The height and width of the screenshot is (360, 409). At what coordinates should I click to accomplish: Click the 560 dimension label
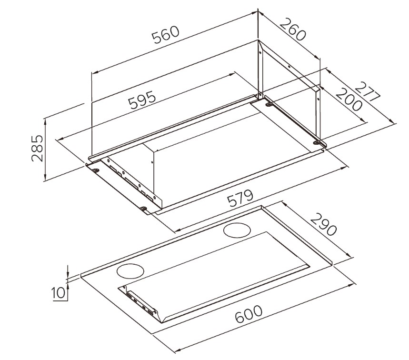click(x=166, y=35)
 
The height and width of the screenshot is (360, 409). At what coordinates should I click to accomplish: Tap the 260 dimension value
click(x=293, y=29)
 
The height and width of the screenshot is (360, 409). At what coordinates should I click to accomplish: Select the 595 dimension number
click(x=142, y=100)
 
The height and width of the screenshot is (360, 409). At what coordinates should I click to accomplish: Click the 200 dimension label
click(x=349, y=100)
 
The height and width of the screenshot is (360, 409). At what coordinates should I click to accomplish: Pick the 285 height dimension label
click(x=37, y=148)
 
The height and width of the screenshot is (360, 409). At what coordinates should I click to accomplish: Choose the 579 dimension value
click(x=240, y=198)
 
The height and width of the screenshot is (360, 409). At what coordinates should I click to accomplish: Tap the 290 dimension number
click(x=323, y=224)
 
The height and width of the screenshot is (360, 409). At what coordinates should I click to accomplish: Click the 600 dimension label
click(x=249, y=314)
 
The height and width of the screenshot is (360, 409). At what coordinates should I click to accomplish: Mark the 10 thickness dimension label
click(x=58, y=292)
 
